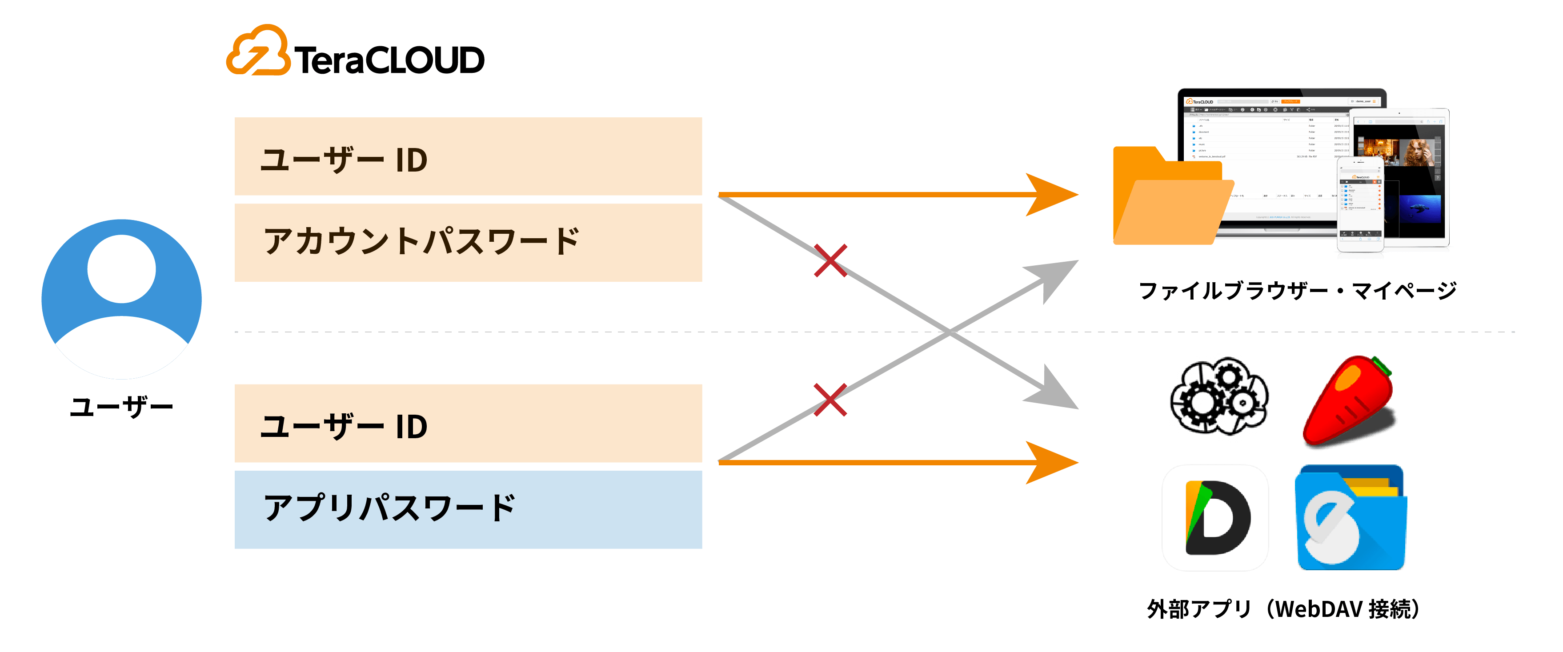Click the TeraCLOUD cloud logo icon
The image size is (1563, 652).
coord(257,51)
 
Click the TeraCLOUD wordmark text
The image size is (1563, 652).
coord(389,60)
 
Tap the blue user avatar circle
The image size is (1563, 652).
coord(121,299)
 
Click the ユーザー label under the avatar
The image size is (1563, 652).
coord(121,406)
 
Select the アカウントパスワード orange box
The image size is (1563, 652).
coord(468,243)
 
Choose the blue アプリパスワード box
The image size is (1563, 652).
coord(468,509)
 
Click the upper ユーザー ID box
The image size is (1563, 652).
coord(468,156)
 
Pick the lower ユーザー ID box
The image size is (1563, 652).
coord(468,424)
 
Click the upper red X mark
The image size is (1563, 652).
coord(830,261)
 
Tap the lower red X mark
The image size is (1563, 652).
coord(830,400)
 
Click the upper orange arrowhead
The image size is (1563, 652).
coord(1053,195)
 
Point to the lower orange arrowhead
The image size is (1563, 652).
coord(1053,463)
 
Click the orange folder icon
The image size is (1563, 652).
coord(1168,197)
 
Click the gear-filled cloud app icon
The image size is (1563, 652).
coord(1219,396)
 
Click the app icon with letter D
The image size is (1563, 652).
coord(1215,517)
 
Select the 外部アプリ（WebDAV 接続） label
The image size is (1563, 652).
coord(1282,609)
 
